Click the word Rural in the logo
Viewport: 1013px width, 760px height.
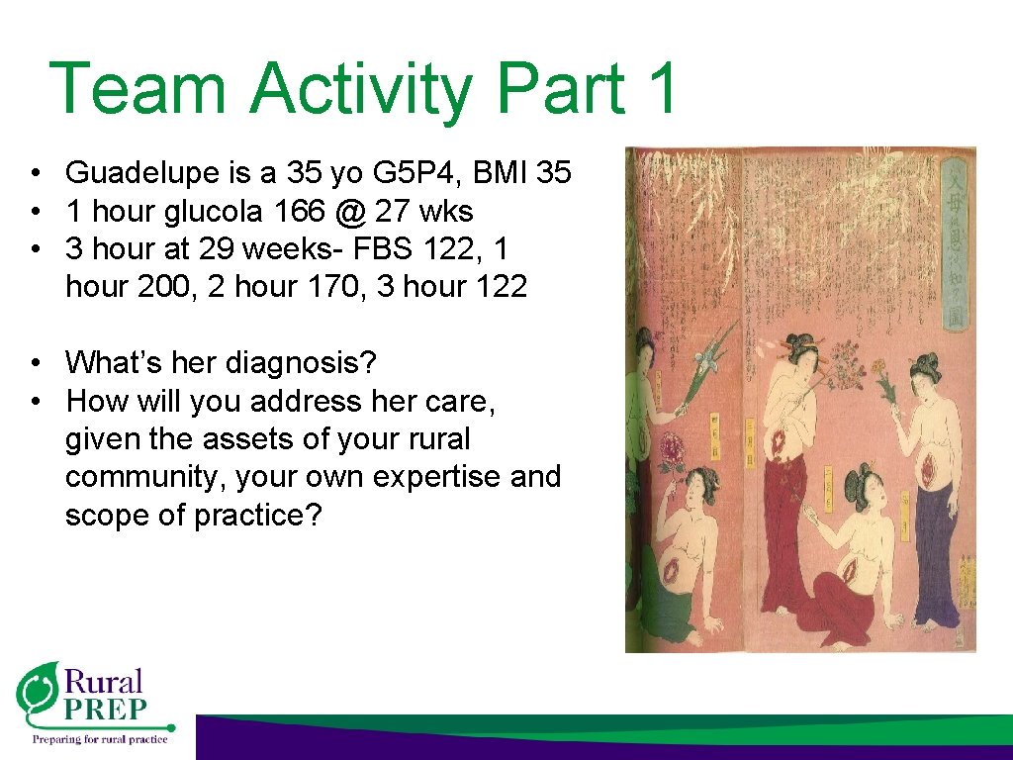point(103,682)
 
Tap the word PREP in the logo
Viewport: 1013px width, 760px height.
point(105,710)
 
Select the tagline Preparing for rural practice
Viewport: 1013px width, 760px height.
point(100,737)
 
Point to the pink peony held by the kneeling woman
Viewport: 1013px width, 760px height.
point(673,447)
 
